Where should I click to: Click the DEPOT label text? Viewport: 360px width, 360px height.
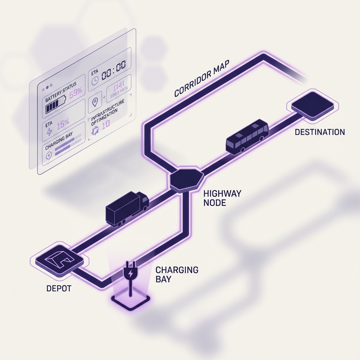pos(59,289)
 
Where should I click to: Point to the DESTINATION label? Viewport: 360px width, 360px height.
pos(320,132)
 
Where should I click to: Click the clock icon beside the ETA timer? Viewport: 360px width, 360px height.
pos(95,81)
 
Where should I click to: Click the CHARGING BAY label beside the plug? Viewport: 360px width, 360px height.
pos(176,275)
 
